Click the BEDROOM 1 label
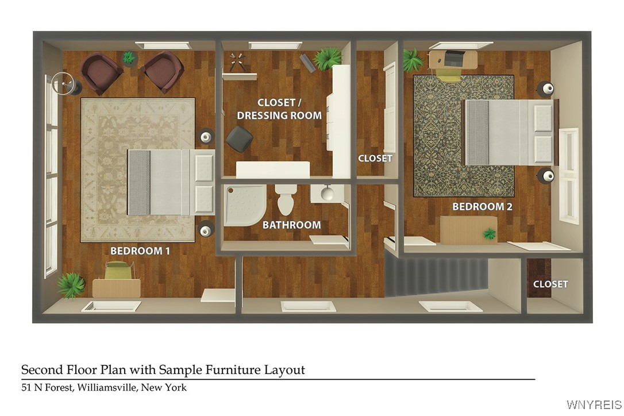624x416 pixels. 140,251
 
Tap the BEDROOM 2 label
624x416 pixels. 482,207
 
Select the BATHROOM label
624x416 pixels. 292,225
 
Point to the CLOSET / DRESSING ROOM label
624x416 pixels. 279,109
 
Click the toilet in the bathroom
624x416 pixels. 286,199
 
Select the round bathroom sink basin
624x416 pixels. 328,194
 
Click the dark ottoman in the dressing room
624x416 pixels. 240,138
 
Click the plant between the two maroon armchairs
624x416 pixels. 129,58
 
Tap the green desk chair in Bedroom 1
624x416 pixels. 118,270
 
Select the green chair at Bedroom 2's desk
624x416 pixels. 448,75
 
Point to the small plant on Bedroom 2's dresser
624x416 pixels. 489,234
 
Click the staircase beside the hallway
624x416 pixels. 436,277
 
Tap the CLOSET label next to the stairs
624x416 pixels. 550,284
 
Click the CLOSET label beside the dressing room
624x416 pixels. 375,159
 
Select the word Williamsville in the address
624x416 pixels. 107,387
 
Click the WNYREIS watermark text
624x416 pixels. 594,405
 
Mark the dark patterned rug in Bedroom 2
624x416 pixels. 464,136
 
